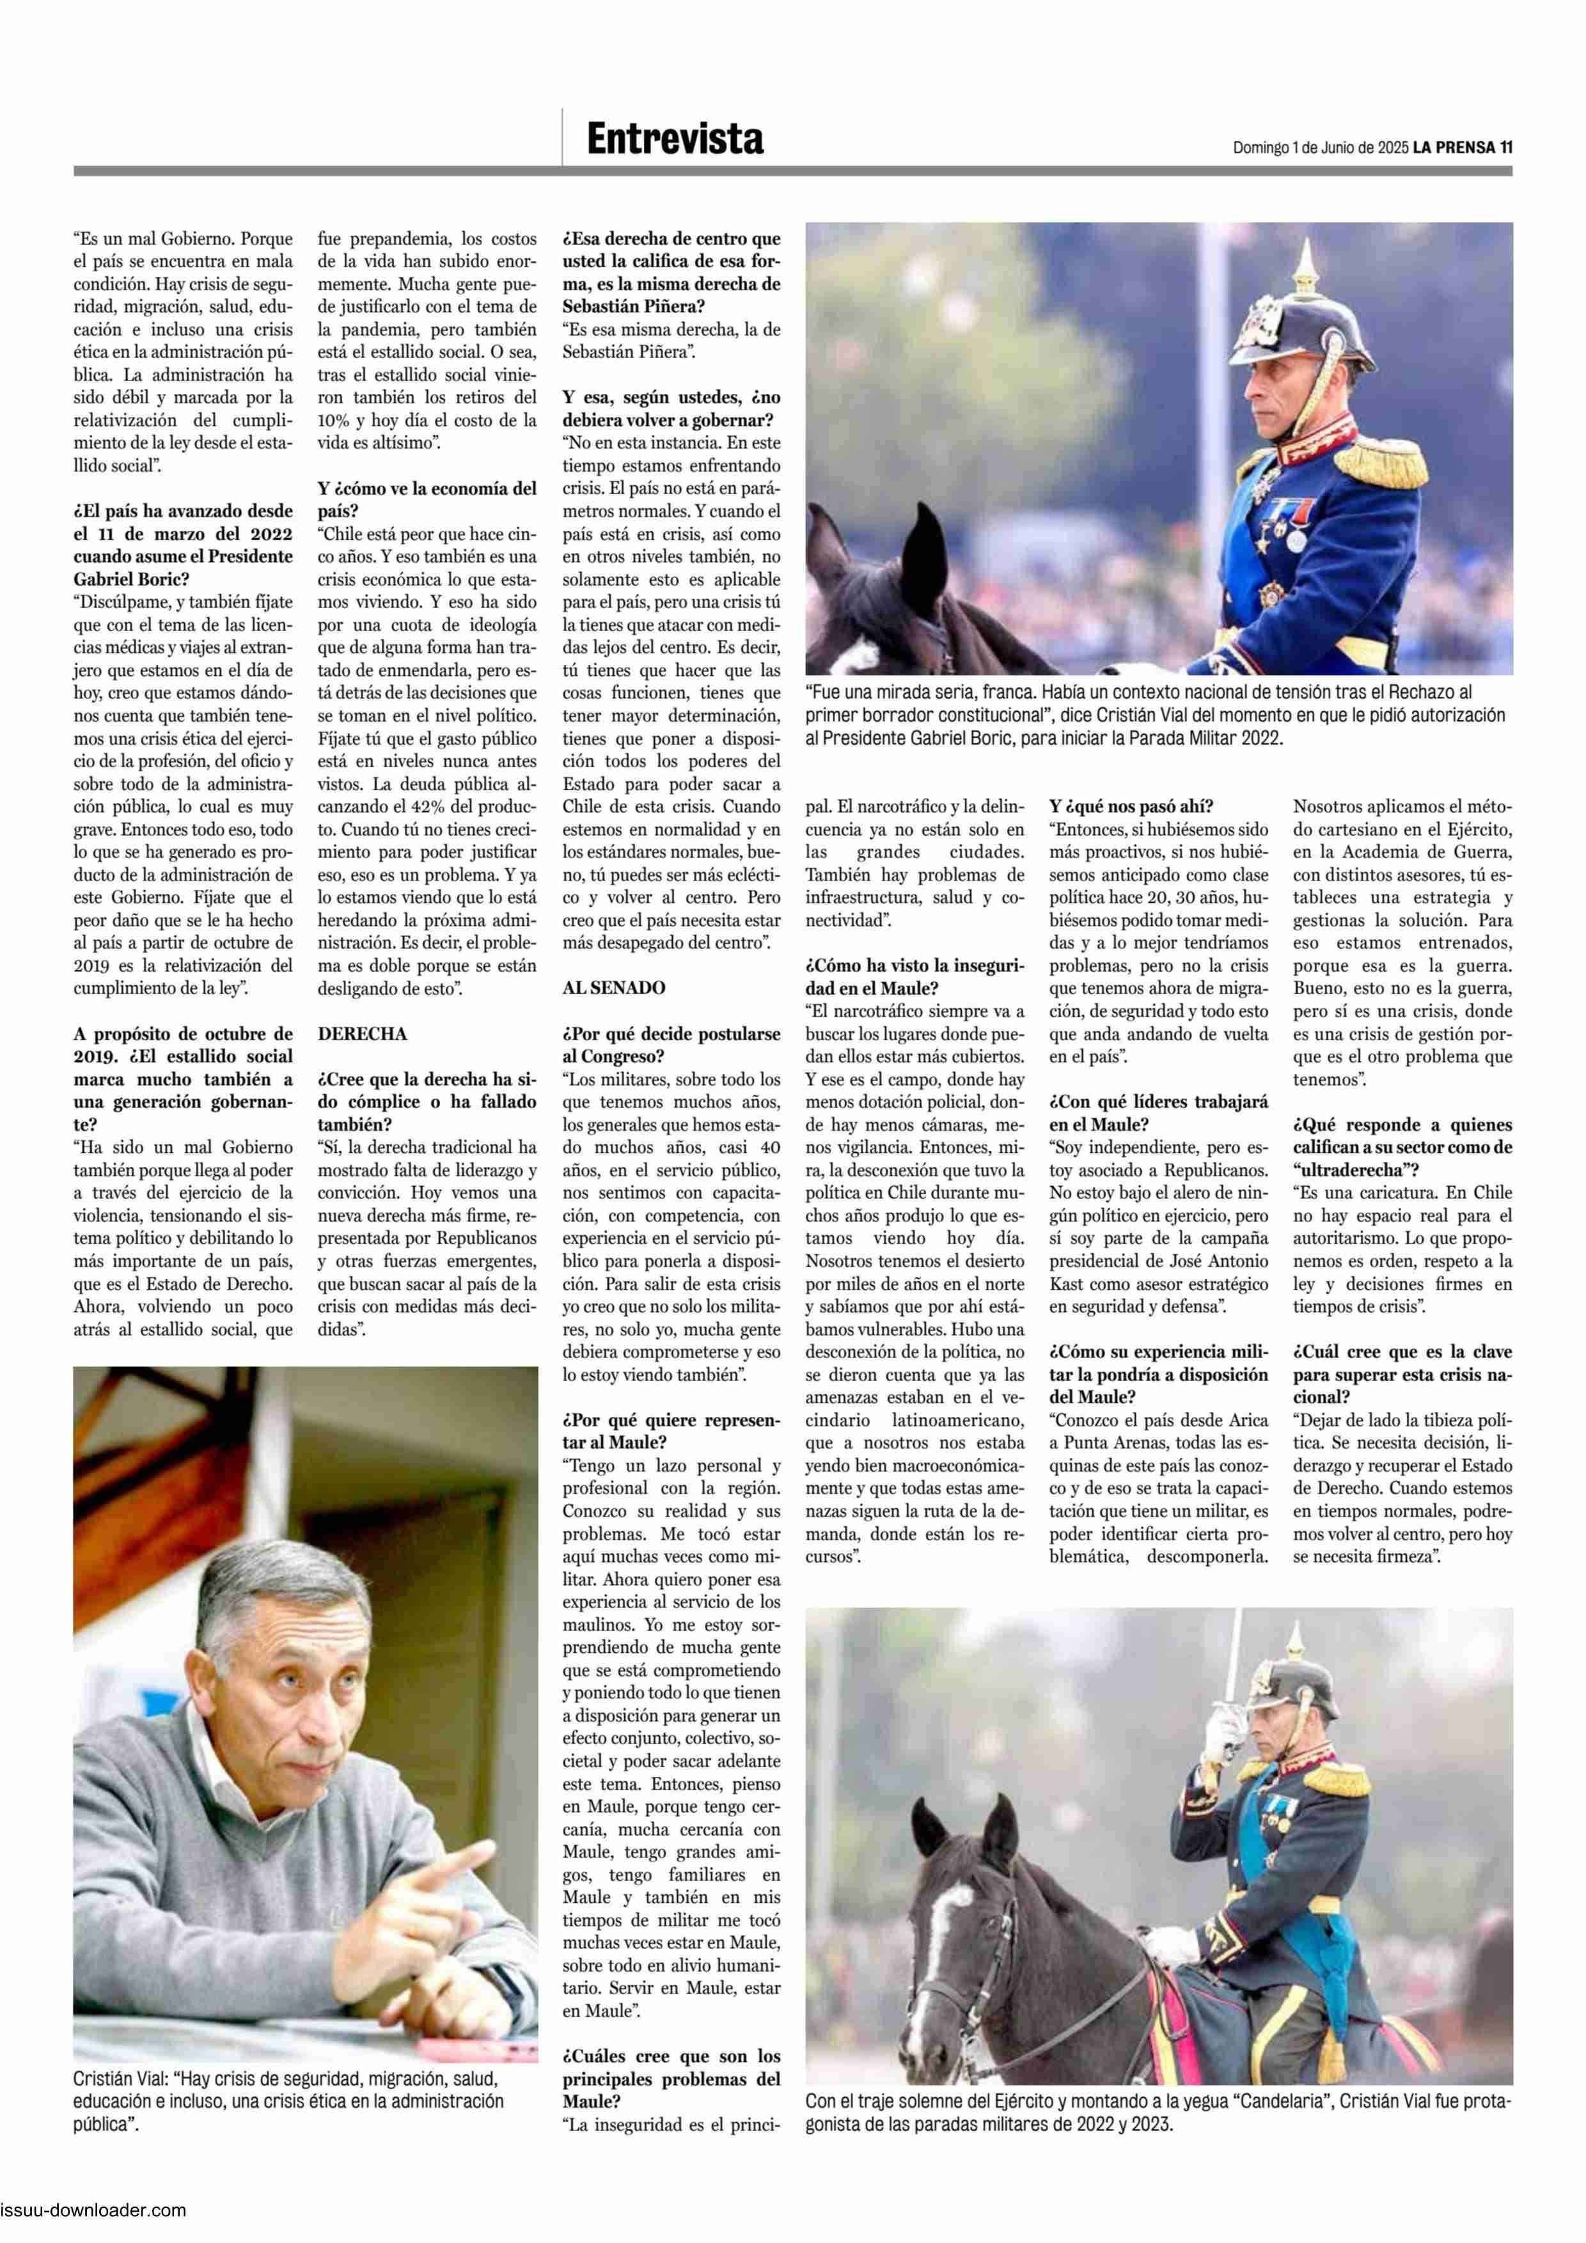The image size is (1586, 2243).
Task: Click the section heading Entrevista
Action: coord(674,139)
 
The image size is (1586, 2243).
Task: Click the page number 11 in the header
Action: coord(1506,148)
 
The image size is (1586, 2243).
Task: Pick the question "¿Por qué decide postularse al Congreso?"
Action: coord(670,1044)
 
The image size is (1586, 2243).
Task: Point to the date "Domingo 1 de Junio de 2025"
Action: coord(1319,148)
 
